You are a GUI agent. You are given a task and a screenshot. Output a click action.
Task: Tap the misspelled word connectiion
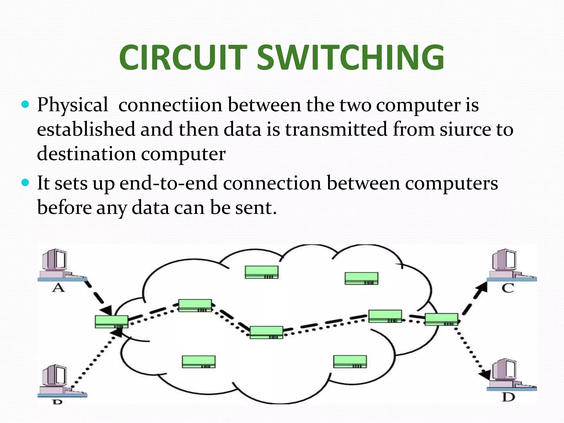click(x=170, y=105)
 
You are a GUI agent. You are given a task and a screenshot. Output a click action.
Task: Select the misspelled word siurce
click(x=465, y=129)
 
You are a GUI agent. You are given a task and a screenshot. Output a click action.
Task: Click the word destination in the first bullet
click(x=86, y=154)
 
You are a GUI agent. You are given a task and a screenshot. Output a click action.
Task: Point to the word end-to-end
click(x=169, y=183)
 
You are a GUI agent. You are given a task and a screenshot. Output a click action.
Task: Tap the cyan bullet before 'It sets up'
click(x=25, y=183)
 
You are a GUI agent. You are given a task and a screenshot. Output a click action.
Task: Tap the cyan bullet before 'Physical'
click(x=25, y=105)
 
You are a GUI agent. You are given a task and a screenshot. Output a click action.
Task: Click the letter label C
click(x=508, y=288)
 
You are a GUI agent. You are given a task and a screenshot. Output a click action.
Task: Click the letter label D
click(x=508, y=397)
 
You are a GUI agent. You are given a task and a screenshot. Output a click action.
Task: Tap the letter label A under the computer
click(x=58, y=288)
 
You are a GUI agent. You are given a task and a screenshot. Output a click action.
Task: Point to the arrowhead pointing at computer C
click(x=482, y=288)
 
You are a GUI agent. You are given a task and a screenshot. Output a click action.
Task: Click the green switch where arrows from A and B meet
click(x=112, y=322)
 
